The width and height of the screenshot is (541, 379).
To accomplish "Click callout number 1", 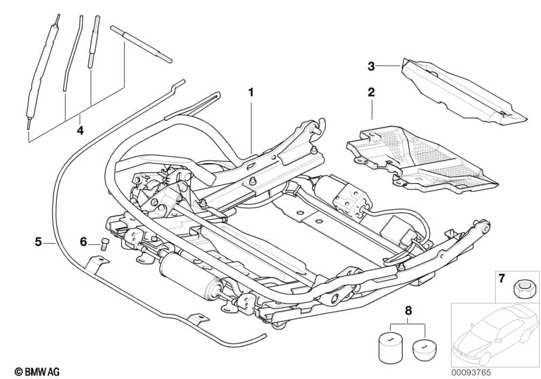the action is pyautogui.click(x=251, y=92).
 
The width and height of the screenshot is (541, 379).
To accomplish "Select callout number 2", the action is pyautogui.click(x=371, y=92).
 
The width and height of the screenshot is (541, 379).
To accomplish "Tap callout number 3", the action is pyautogui.click(x=371, y=66).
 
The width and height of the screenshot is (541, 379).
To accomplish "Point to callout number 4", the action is pyautogui.click(x=80, y=130).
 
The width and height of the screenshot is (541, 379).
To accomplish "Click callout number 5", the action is pyautogui.click(x=39, y=242).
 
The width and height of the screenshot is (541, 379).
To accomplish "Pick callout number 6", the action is pyautogui.click(x=83, y=242).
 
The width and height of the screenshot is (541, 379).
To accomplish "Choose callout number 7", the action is pyautogui.click(x=502, y=278).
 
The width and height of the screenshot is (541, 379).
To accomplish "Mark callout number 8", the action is pyautogui.click(x=408, y=311).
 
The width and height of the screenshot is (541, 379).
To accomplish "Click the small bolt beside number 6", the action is pyautogui.click(x=105, y=244).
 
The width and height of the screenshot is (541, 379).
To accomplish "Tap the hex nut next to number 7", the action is pyautogui.click(x=521, y=288).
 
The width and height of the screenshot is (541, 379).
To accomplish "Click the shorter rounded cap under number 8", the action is pyautogui.click(x=425, y=350).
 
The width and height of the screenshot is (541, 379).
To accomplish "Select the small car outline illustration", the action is pyautogui.click(x=496, y=334).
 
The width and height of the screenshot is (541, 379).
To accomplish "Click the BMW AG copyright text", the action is pyautogui.click(x=37, y=372).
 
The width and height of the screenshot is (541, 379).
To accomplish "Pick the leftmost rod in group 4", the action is pyautogui.click(x=42, y=73).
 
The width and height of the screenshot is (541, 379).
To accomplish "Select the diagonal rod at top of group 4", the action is pyautogui.click(x=141, y=44).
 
